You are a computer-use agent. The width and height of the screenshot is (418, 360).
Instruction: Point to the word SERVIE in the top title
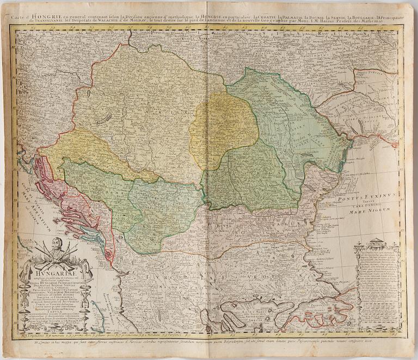[327, 18]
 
